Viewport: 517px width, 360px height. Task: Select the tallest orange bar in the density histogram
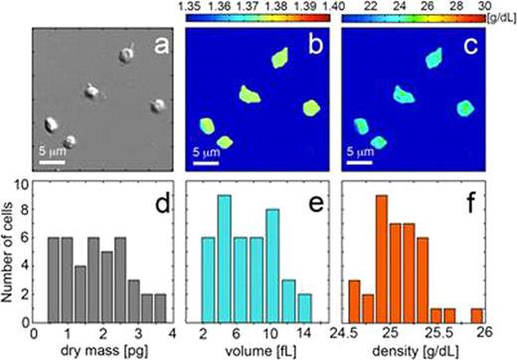381,259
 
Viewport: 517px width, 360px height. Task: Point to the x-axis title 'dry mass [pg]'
102,351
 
